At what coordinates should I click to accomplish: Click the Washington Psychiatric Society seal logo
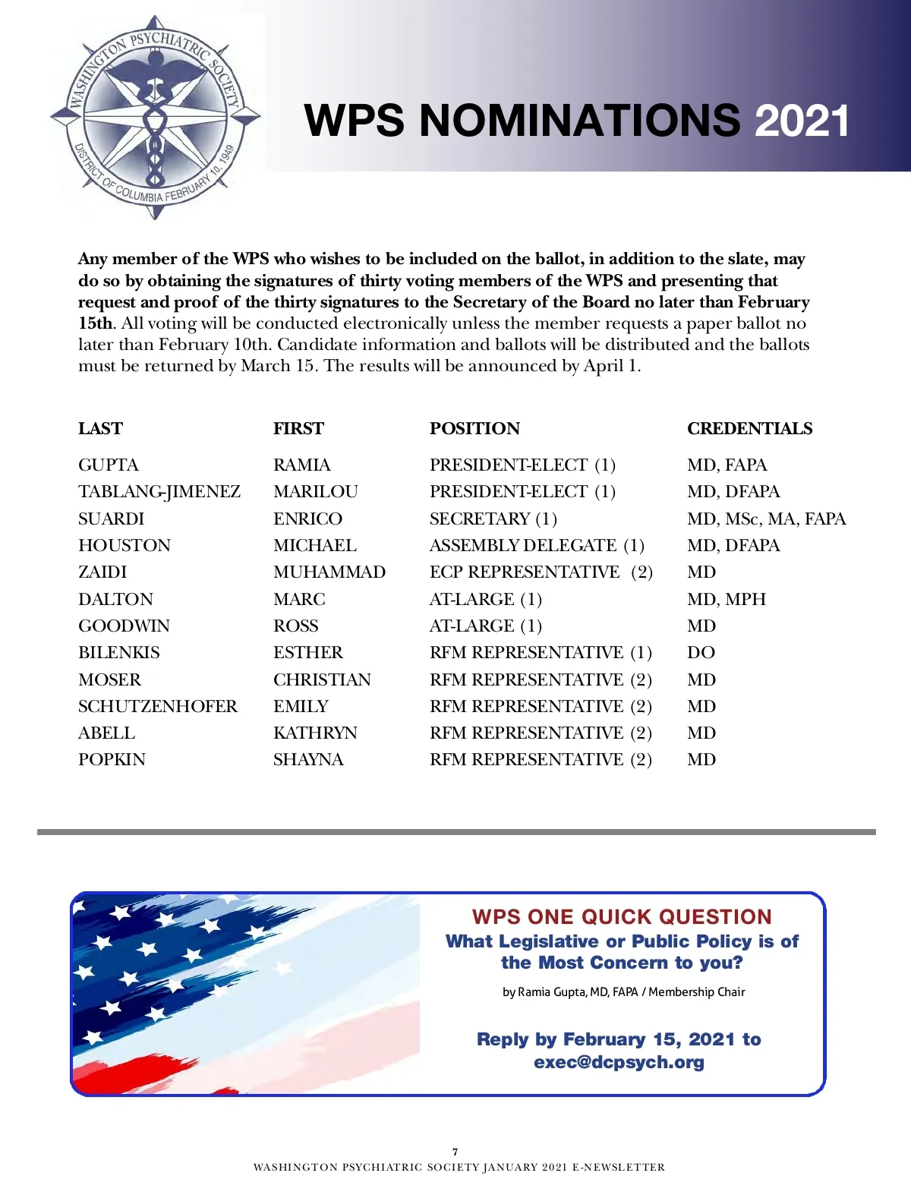(x=156, y=118)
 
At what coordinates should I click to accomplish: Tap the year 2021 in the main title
(x=802, y=121)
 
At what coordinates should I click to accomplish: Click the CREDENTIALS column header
(x=749, y=429)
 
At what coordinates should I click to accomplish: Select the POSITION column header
(x=474, y=429)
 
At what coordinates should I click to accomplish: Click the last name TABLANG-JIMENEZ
(x=159, y=492)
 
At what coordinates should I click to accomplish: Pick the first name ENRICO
(x=307, y=519)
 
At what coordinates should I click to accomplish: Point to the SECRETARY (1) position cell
(x=493, y=519)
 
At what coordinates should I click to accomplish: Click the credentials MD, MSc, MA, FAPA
(x=766, y=519)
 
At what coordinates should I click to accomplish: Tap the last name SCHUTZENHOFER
(x=158, y=707)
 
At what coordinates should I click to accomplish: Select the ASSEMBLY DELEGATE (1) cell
(x=537, y=546)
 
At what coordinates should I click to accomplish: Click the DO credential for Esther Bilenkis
(x=701, y=653)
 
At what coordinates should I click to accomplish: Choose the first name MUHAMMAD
(x=329, y=572)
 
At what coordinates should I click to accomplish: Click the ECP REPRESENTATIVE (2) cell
(x=541, y=572)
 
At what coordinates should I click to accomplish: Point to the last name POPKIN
(x=112, y=760)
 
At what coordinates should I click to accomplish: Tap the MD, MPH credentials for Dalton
(x=727, y=600)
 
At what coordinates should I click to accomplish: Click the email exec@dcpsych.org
(x=619, y=1062)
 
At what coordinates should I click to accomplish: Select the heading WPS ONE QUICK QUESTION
(x=622, y=917)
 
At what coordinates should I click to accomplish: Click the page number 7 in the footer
(x=455, y=1152)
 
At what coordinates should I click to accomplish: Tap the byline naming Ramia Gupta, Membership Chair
(x=623, y=992)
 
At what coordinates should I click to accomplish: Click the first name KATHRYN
(x=315, y=733)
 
